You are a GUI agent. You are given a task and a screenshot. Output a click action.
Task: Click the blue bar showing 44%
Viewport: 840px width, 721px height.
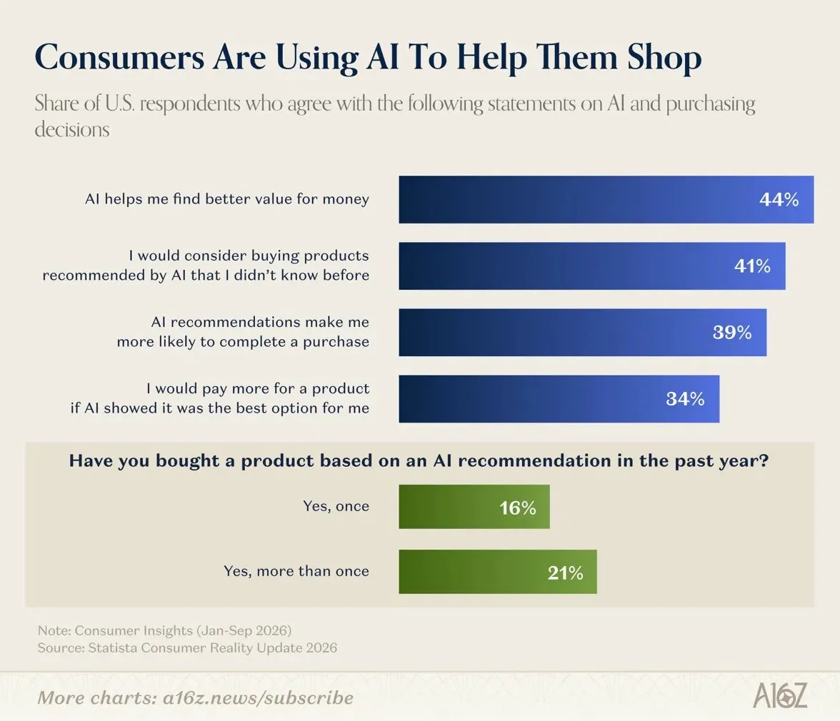[606, 200]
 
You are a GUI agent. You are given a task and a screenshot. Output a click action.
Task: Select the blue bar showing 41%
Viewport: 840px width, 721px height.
[592, 266]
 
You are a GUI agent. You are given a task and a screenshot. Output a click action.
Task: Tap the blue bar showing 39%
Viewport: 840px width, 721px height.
[582, 333]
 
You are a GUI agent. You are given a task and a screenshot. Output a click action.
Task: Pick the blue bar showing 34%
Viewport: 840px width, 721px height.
[559, 399]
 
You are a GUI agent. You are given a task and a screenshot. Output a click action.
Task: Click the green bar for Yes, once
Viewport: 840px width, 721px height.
[474, 507]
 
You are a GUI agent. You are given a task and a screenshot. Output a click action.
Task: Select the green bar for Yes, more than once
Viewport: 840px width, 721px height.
[498, 572]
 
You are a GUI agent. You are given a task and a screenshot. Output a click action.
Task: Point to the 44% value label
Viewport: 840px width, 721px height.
[779, 200]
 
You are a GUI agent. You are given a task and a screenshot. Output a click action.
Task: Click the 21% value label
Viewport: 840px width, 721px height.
[565, 573]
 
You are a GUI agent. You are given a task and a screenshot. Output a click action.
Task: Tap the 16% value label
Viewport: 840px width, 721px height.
[517, 508]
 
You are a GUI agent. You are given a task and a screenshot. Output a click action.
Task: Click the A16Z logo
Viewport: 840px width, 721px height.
[780, 695]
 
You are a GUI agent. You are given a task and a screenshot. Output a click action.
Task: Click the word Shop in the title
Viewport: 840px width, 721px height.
[664, 58]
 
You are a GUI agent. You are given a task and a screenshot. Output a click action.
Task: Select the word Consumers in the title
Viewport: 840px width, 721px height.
[119, 58]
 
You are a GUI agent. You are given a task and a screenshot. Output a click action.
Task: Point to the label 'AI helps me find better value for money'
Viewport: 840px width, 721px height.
[227, 199]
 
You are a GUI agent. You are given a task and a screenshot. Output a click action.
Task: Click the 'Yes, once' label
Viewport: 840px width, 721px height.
[336, 506]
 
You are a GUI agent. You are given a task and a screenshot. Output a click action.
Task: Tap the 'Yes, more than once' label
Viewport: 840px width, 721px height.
[296, 571]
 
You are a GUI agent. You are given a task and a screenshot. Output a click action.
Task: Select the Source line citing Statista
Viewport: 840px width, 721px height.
[187, 648]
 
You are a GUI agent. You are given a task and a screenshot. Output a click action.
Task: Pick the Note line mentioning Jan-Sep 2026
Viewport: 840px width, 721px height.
[164, 630]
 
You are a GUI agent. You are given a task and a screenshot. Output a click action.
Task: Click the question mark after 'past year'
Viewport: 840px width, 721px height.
[764, 460]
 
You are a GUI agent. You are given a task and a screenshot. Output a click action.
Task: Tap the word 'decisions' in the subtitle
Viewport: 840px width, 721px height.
[71, 129]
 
